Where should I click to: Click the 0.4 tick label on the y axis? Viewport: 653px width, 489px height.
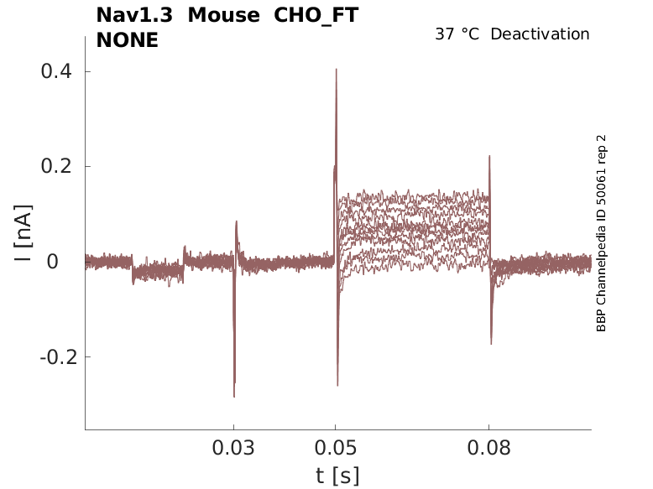tap(56, 71)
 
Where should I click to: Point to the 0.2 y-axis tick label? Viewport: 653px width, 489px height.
tap(56, 166)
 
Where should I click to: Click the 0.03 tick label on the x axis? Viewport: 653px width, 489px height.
tap(233, 449)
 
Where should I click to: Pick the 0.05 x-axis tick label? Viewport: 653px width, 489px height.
tap(336, 449)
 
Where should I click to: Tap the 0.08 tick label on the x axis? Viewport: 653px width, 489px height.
tap(489, 449)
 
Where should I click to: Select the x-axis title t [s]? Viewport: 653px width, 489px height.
tap(337, 476)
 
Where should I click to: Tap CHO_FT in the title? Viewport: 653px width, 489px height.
tap(316, 15)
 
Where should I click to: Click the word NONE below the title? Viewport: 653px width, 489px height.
tap(127, 39)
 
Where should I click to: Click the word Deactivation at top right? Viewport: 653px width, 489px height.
tap(541, 34)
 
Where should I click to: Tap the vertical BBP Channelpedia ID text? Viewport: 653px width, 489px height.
tap(601, 233)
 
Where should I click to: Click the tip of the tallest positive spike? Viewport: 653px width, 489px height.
tap(337, 69)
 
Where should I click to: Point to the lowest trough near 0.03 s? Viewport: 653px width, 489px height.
tap(234, 397)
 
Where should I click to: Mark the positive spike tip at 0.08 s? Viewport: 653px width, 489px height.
tap(489, 156)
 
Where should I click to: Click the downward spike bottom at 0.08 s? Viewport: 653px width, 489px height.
tap(491, 344)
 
